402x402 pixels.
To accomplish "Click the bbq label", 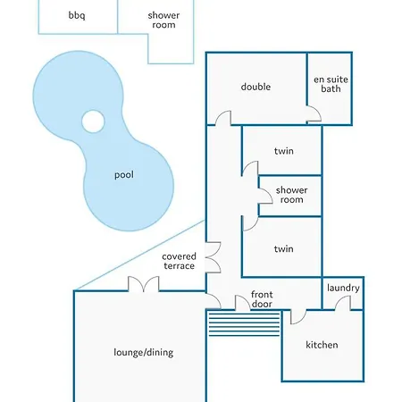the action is (x=77, y=15).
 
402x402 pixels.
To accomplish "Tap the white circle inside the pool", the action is (x=93, y=121).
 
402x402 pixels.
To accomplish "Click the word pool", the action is (x=124, y=175).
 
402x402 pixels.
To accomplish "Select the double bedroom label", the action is (x=255, y=87).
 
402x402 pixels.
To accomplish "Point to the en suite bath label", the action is (x=331, y=84).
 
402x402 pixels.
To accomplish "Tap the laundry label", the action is (x=343, y=288).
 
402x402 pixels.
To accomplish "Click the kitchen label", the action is (x=322, y=345).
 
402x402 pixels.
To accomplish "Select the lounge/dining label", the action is (x=144, y=353).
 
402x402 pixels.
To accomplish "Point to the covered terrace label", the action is (x=179, y=261).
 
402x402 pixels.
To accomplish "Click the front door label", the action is (x=262, y=299).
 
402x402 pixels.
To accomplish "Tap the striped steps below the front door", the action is (x=244, y=323).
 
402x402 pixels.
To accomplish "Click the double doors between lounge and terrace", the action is (x=144, y=283).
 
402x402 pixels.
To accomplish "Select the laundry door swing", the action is (x=342, y=303).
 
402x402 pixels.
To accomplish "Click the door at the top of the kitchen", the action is (x=298, y=317).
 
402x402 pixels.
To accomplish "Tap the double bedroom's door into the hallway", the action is (x=223, y=118).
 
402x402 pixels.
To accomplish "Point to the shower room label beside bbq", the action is (x=163, y=20).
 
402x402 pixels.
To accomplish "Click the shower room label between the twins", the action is (x=291, y=195).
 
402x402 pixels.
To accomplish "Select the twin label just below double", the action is (x=284, y=151).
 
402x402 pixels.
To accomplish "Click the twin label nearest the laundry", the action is (x=284, y=248).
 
